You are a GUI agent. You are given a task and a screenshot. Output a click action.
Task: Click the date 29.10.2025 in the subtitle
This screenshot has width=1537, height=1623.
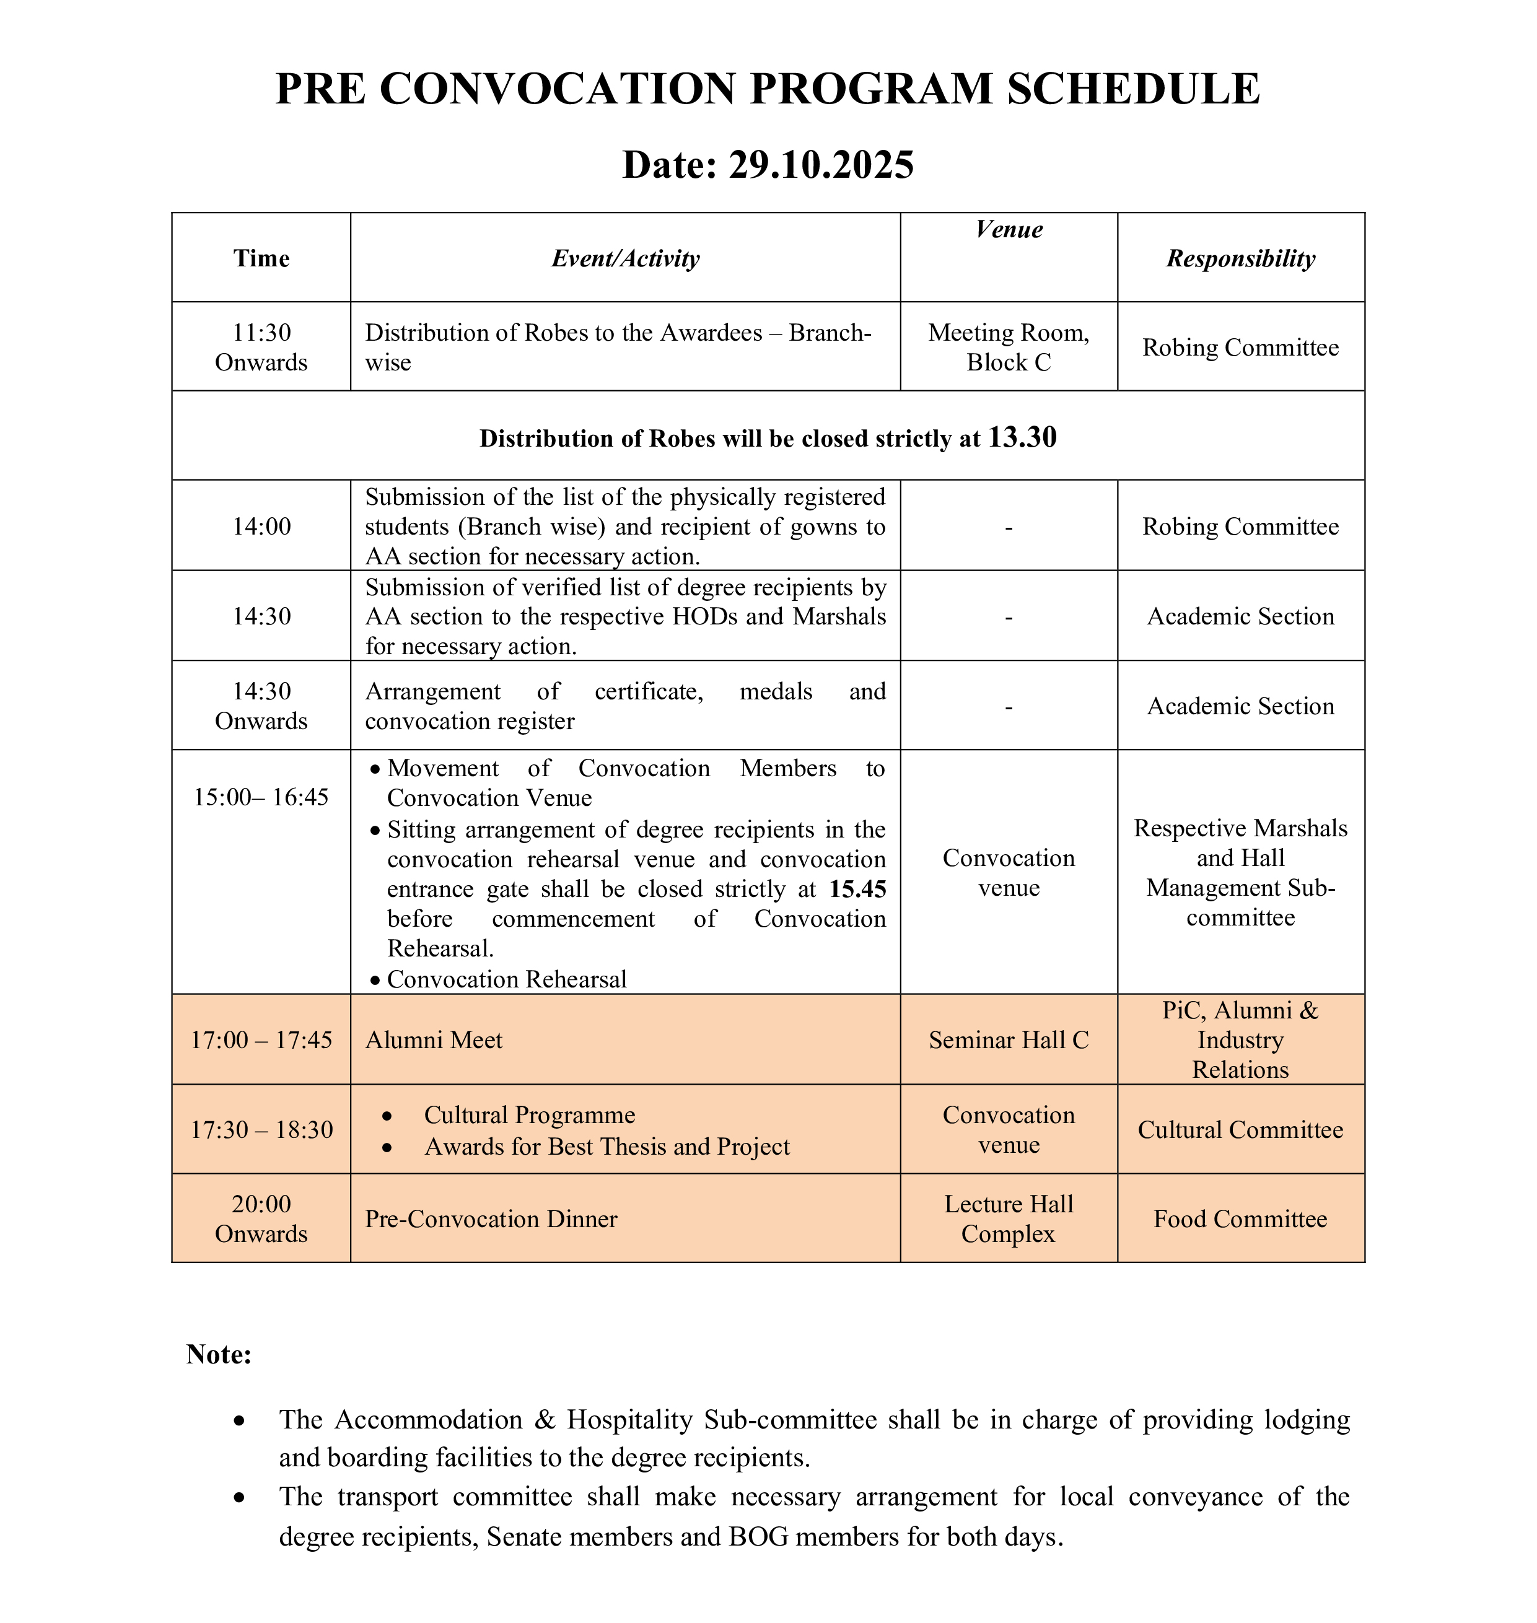click(820, 165)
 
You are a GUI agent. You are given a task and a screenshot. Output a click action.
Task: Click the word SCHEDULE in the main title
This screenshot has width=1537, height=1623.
click(1133, 89)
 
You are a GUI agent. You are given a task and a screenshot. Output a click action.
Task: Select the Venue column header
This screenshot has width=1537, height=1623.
click(1009, 229)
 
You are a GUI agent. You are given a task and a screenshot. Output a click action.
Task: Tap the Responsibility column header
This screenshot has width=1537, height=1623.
click(1240, 259)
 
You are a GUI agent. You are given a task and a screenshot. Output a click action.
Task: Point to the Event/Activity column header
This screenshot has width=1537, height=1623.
click(625, 259)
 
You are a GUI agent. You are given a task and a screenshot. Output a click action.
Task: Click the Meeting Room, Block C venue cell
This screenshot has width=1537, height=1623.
click(1009, 348)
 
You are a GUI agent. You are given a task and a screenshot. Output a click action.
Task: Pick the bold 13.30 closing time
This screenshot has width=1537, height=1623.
click(1022, 437)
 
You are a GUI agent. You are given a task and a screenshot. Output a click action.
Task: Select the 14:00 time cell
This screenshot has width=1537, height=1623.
click(261, 526)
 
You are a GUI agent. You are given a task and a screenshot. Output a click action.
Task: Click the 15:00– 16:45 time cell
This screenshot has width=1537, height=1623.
click(261, 797)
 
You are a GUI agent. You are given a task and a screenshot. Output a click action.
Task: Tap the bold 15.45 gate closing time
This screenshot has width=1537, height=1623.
click(857, 889)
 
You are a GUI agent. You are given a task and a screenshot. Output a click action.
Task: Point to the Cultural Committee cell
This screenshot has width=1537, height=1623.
click(1240, 1131)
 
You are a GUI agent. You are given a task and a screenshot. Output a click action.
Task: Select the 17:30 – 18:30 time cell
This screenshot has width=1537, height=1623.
click(261, 1131)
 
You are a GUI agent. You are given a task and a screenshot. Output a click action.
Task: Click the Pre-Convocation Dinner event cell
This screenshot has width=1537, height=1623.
click(491, 1219)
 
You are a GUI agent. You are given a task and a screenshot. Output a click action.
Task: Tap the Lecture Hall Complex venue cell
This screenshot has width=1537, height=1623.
click(1009, 1219)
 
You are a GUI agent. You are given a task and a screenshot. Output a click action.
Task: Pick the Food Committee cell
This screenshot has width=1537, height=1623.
click(1240, 1219)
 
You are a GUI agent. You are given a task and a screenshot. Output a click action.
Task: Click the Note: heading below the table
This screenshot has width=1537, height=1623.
click(219, 1354)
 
